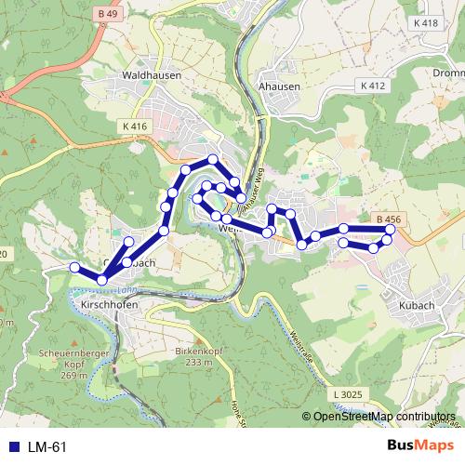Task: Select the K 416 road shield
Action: pyautogui.click(x=134, y=126)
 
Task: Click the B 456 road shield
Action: pyautogui.click(x=390, y=218)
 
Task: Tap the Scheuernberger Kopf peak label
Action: pyautogui.click(x=63, y=359)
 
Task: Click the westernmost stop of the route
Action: pyautogui.click(x=75, y=267)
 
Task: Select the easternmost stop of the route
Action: pyautogui.click(x=391, y=229)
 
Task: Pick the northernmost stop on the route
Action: pyautogui.click(x=213, y=160)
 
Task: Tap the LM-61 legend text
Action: pyautogui.click(x=47, y=447)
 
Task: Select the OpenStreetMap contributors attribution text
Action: pyautogui.click(x=383, y=417)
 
